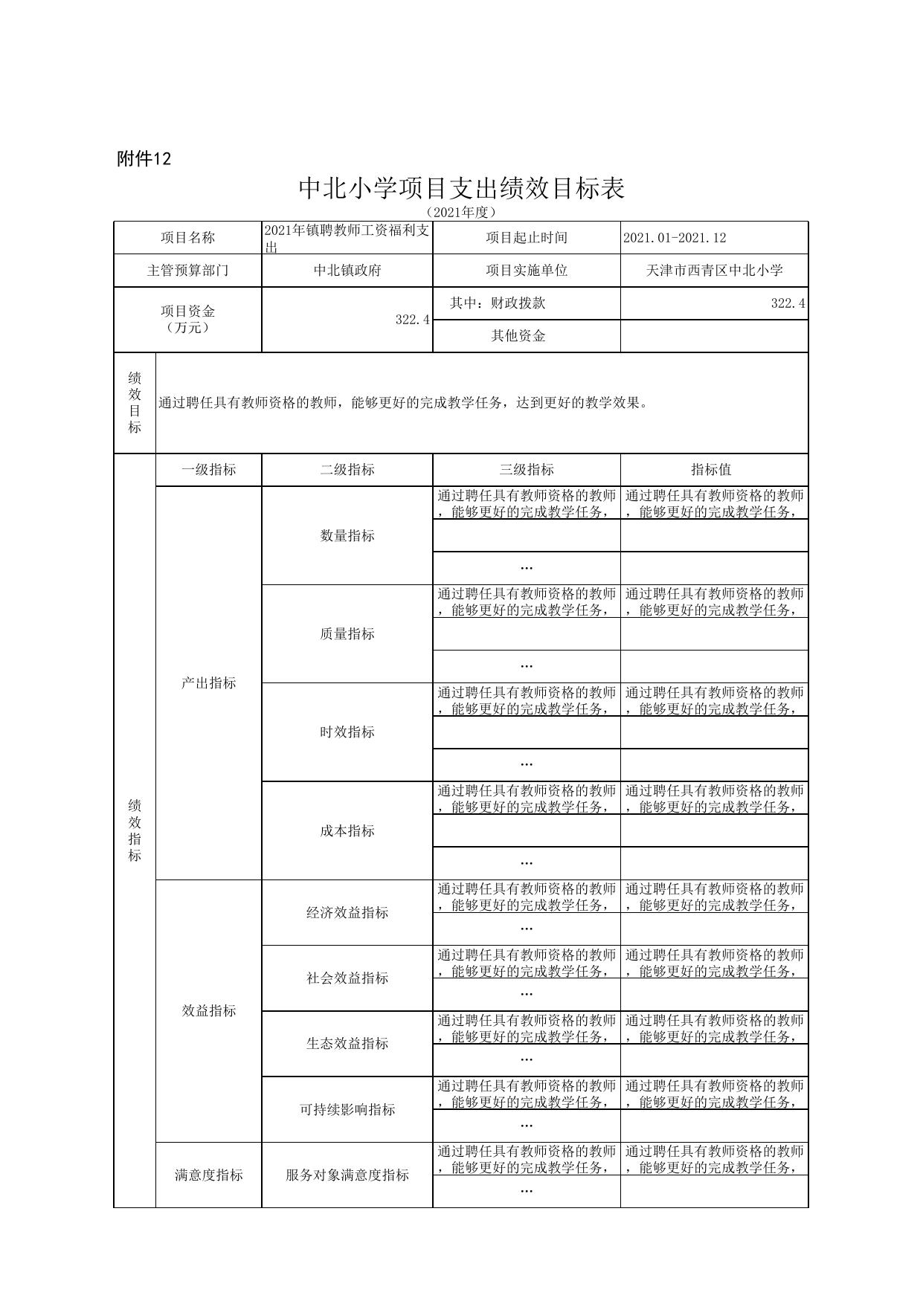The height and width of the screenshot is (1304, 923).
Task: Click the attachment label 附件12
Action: (x=144, y=158)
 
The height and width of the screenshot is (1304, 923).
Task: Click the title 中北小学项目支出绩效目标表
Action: (x=461, y=188)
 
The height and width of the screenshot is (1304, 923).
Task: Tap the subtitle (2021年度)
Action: (x=461, y=212)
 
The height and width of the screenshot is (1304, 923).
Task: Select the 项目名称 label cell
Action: (x=187, y=238)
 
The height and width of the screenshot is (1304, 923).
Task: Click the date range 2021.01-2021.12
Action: (x=675, y=238)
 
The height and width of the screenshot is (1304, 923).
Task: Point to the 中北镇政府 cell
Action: (x=347, y=271)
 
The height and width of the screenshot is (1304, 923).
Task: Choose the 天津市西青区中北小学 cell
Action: (x=714, y=271)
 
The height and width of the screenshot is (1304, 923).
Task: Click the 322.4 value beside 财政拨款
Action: (x=788, y=303)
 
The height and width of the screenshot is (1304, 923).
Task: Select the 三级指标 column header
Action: (x=527, y=470)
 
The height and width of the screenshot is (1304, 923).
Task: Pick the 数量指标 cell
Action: (x=347, y=535)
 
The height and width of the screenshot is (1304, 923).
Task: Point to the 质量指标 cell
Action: (x=347, y=633)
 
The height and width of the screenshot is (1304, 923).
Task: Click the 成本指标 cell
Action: (x=347, y=830)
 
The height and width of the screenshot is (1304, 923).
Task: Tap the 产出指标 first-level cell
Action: (x=208, y=682)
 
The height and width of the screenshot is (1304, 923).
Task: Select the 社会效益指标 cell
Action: (x=347, y=978)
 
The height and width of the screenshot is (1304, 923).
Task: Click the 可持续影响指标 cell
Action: (x=347, y=1109)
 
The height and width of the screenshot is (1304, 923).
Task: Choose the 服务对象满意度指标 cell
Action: (x=347, y=1175)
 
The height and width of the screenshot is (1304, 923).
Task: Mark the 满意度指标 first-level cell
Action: (x=208, y=1175)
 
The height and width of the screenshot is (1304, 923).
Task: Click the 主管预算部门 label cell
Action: (x=187, y=271)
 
